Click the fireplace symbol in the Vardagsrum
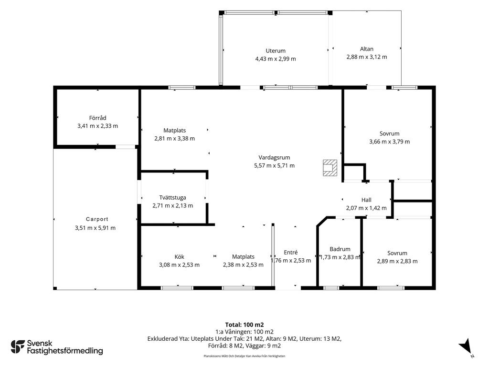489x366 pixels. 330,168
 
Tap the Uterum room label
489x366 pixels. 276,51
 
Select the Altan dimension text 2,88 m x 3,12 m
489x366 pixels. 367,57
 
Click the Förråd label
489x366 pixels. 97,118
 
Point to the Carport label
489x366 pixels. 97,219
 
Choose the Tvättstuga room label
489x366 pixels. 172,198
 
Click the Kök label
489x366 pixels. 180,257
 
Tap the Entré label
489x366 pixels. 291,253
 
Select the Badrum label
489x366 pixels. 340,249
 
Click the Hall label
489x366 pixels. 366,200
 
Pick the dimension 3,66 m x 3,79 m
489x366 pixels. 390,142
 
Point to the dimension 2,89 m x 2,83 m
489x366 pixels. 397,261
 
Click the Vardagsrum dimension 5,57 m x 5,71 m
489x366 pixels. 275,165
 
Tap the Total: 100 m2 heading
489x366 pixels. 244,325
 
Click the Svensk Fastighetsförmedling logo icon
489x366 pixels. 18,347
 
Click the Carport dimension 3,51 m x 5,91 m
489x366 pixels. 95,228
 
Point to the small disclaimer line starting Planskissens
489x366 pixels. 244,356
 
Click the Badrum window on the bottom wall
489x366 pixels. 331,288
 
